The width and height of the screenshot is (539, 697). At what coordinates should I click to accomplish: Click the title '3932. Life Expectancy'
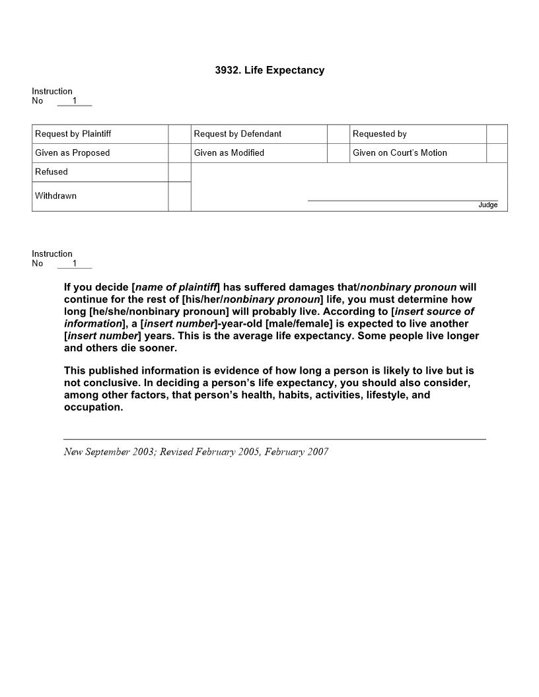point(269,70)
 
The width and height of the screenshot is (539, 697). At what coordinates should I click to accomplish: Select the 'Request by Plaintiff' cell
point(73,134)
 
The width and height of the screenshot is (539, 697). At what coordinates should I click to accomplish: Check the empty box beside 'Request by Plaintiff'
point(179,134)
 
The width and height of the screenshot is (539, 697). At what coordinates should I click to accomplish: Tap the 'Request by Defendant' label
point(237,134)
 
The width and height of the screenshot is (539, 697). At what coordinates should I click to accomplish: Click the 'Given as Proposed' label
point(72,153)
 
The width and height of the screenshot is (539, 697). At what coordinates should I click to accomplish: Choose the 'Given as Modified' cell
point(229,153)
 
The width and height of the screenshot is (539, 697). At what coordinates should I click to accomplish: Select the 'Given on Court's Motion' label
point(400,153)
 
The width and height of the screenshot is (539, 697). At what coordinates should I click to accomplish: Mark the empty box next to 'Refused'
point(179,172)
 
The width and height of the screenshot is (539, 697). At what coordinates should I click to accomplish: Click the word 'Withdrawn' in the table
point(55,196)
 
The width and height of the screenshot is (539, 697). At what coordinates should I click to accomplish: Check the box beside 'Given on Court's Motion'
point(497,153)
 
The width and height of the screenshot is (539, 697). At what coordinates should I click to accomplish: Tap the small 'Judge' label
point(487,205)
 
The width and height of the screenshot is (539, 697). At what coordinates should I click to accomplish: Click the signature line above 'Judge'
point(402,200)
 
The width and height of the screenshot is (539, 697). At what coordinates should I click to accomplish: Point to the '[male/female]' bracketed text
point(299,324)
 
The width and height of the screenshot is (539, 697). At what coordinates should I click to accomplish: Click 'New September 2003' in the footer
point(108,452)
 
